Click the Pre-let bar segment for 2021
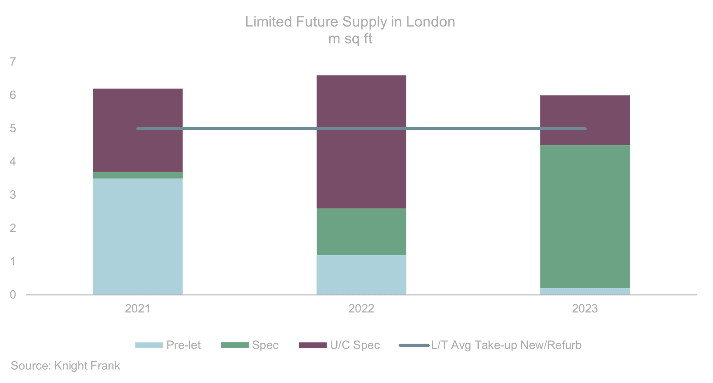pyautogui.click(x=138, y=236)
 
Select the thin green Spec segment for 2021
pyautogui.click(x=138, y=175)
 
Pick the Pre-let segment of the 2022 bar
pyautogui.click(x=361, y=275)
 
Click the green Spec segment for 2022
pyautogui.click(x=361, y=232)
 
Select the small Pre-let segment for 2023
pyautogui.click(x=585, y=291)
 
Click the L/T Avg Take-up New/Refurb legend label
pyautogui.click(x=506, y=345)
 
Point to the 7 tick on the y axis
pyautogui.click(x=13, y=62)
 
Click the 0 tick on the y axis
pyautogui.click(x=13, y=295)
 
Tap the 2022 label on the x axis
pyautogui.click(x=361, y=308)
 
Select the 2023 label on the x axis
pyautogui.click(x=585, y=308)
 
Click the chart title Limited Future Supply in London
pyautogui.click(x=350, y=22)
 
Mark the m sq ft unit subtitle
pyautogui.click(x=350, y=39)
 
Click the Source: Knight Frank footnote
pyautogui.click(x=65, y=366)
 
